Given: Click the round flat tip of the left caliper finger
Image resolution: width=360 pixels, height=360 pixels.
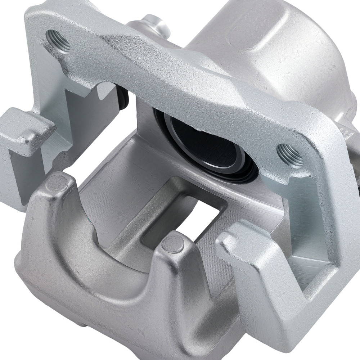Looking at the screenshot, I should click(x=58, y=184).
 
